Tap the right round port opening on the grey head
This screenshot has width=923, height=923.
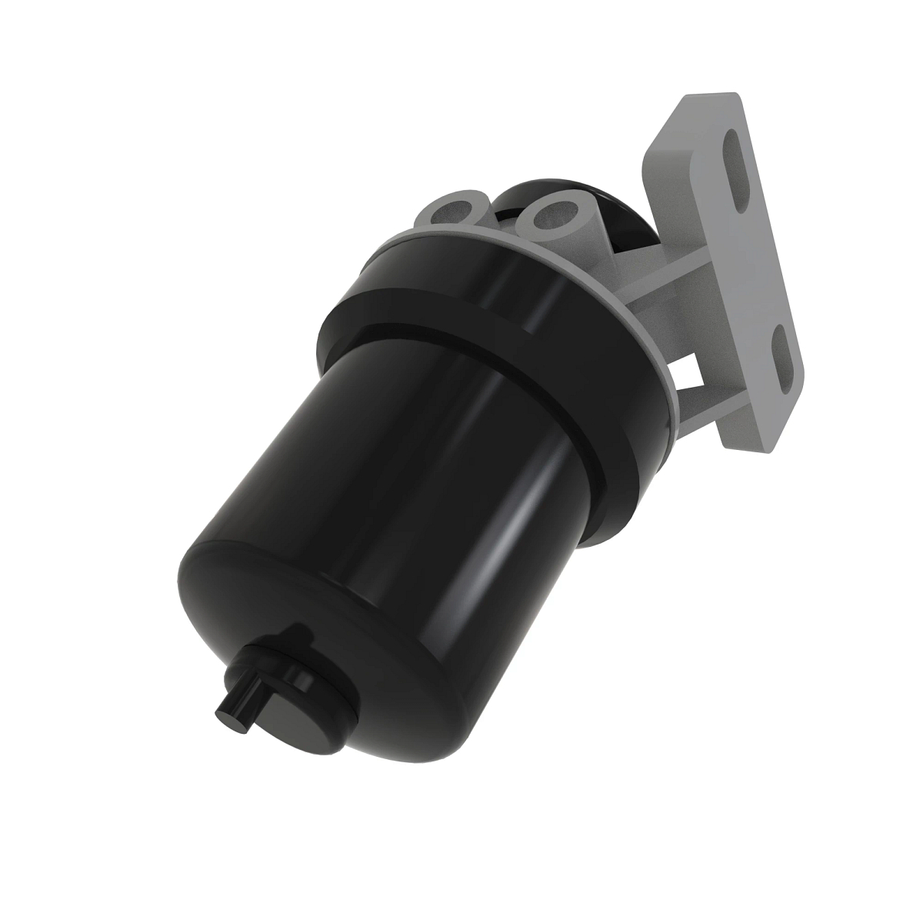click(552, 208)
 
